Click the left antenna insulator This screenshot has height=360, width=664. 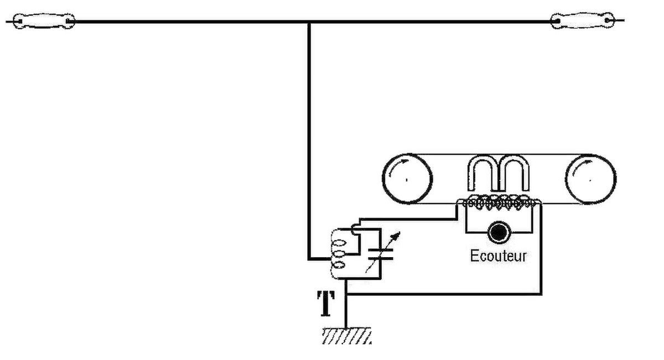[x=44, y=21]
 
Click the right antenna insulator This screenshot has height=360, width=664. [x=583, y=20]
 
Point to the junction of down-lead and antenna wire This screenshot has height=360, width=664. [x=309, y=22]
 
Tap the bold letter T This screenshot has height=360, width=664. [x=326, y=304]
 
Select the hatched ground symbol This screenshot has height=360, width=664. [x=346, y=336]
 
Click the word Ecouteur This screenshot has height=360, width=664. [x=499, y=256]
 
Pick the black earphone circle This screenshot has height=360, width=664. [x=499, y=233]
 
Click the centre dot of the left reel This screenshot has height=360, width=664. [x=406, y=180]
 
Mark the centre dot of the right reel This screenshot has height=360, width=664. [x=590, y=180]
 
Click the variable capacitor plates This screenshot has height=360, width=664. [x=381, y=254]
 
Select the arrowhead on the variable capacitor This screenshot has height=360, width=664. [x=396, y=236]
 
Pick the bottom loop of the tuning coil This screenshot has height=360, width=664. [x=339, y=264]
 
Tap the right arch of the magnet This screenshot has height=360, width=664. [x=514, y=173]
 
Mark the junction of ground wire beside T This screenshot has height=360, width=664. [x=346, y=294]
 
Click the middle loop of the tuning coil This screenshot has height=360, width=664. [x=339, y=254]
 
